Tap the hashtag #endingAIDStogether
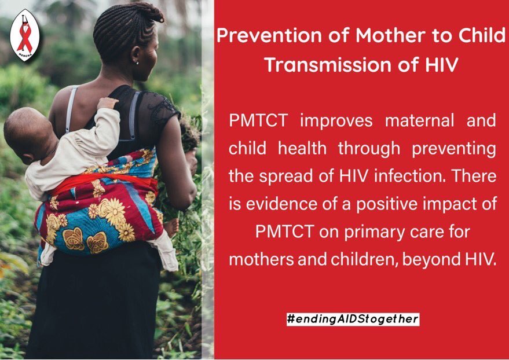pyautogui.click(x=353, y=319)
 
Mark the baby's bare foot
pyautogui.click(x=171, y=227)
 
